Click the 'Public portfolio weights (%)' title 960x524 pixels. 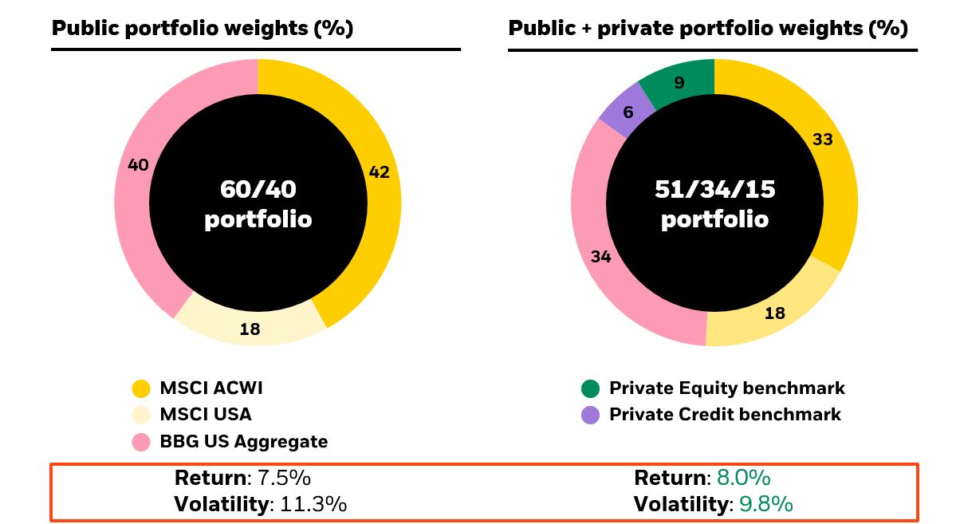202,29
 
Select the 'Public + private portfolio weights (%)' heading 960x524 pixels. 708,29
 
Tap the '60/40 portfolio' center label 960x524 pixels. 258,203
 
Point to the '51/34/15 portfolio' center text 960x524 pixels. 714,203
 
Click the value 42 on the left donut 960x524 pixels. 380,171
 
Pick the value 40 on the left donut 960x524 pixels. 138,165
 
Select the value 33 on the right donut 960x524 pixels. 822,140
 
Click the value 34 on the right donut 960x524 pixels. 600,257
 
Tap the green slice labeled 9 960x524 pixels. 679,82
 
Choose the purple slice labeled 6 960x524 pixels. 628,112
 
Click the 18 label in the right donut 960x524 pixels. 774,313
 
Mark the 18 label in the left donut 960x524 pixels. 250,329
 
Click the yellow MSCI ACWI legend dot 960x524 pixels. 141,389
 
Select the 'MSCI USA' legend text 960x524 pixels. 205,415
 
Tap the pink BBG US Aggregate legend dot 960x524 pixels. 141,442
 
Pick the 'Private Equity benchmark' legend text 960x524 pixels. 726,388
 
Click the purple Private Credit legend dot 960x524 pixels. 590,416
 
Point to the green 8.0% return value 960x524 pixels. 743,479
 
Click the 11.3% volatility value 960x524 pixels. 313,504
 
